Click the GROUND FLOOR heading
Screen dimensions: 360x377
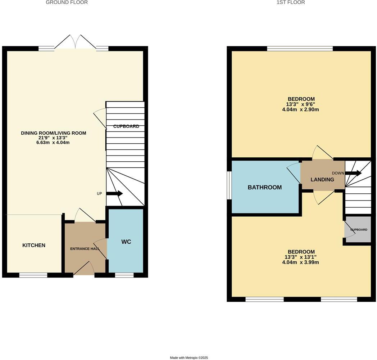click(67, 3)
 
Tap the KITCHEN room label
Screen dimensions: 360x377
click(34, 245)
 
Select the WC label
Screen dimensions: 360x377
click(126, 242)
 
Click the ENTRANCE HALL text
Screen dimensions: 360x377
click(85, 249)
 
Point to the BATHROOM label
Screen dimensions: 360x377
click(264, 187)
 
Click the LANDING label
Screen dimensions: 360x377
click(322, 179)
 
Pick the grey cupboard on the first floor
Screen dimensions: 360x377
click(358, 229)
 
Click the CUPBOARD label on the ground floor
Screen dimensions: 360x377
click(126, 126)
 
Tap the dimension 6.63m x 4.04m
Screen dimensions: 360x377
click(50, 143)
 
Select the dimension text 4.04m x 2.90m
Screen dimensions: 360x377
click(301, 110)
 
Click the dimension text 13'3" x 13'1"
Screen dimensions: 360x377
click(301, 257)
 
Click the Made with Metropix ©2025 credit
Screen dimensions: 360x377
click(189, 357)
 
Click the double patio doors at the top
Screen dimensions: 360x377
click(75, 42)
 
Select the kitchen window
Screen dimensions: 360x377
click(33, 275)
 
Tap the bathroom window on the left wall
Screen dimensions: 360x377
click(229, 185)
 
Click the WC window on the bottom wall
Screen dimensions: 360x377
click(124, 275)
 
